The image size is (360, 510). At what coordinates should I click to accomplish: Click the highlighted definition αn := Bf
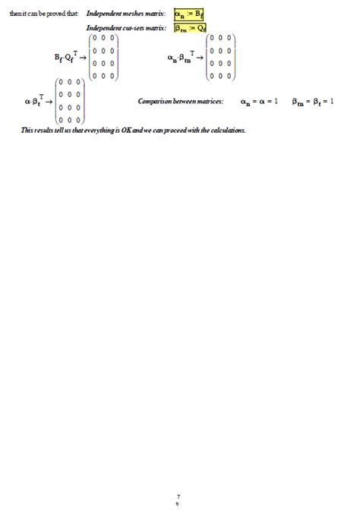[189, 14]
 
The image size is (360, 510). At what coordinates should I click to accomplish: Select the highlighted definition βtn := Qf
[189, 28]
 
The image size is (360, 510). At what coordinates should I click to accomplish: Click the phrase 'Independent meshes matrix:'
[126, 14]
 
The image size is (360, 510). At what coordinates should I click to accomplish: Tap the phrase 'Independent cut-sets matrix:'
[126, 28]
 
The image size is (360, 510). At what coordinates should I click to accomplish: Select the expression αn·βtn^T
[182, 57]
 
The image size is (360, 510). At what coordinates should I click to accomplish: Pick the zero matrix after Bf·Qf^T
[103, 57]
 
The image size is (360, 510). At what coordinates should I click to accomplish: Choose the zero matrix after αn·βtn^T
[220, 57]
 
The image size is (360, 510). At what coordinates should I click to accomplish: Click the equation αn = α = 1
[259, 101]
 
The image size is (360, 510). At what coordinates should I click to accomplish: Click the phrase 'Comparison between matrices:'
[181, 101]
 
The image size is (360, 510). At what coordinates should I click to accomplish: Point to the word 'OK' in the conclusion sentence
[125, 131]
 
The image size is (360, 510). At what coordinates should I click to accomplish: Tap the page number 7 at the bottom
[178, 496]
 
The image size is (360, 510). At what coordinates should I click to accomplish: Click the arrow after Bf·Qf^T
[81, 58]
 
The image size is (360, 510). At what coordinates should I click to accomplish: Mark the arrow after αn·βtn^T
[200, 58]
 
